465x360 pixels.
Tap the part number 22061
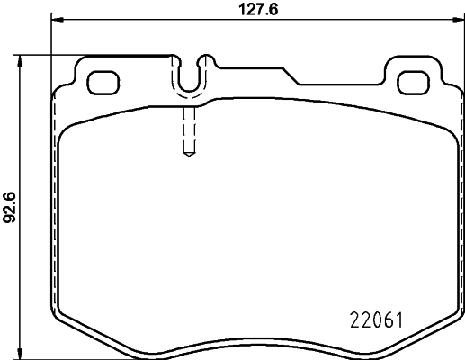click(x=373, y=319)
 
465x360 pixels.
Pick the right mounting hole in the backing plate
click(x=414, y=81)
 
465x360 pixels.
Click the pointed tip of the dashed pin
click(x=188, y=154)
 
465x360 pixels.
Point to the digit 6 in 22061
click(x=386, y=319)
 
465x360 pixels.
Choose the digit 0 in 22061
click(x=374, y=319)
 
